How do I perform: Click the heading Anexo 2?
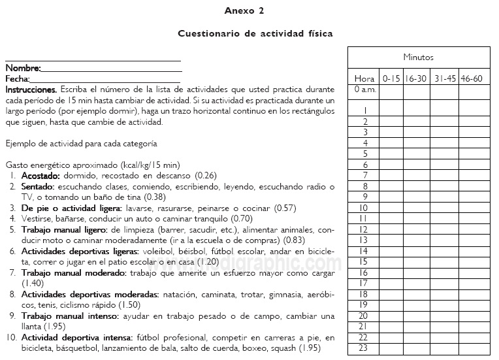(x=244, y=10)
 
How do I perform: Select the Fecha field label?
(x=18, y=78)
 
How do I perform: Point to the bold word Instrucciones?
(x=31, y=89)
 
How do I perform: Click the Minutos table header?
(x=418, y=57)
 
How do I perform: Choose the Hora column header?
(x=364, y=78)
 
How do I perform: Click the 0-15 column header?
(x=391, y=78)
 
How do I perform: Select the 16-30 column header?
(x=416, y=78)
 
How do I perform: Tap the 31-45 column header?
(x=445, y=78)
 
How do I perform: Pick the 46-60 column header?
(x=472, y=78)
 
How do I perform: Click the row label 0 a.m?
(x=364, y=90)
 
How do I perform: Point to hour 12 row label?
(x=364, y=229)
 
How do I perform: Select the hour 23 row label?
(x=364, y=348)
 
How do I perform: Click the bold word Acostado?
(x=41, y=176)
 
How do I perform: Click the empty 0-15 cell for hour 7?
(x=391, y=176)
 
